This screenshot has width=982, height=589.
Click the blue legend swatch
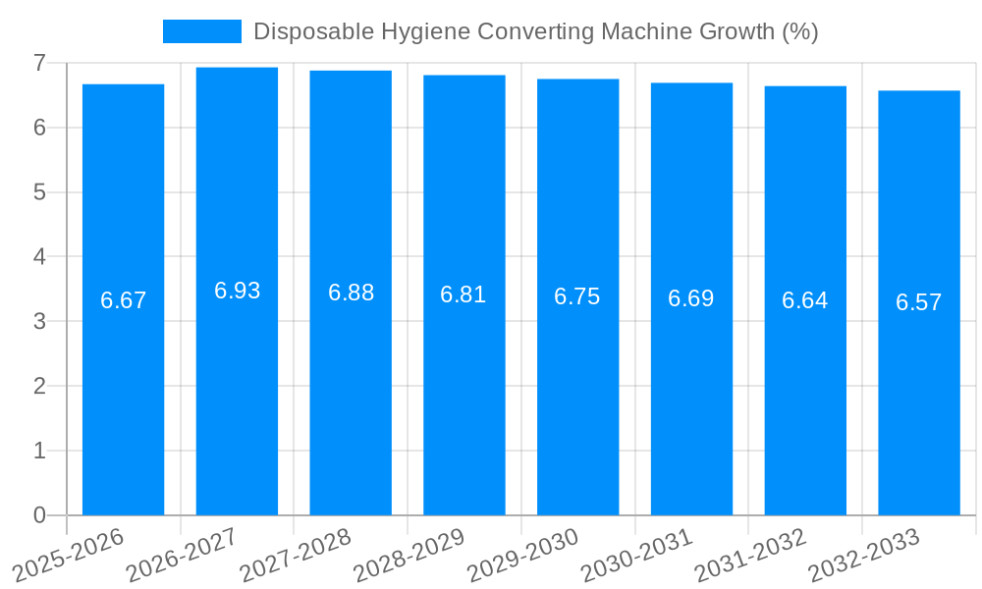(201, 31)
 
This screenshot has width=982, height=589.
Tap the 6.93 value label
(237, 291)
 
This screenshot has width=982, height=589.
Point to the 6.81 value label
(464, 294)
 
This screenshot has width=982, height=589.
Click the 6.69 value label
(690, 298)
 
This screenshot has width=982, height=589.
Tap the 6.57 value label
(918, 302)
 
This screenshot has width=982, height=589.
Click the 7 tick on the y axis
(39, 63)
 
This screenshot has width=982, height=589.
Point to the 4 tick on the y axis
(39, 257)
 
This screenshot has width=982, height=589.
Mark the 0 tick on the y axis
(39, 515)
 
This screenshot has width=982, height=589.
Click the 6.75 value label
(577, 296)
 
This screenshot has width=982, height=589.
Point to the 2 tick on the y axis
(39, 386)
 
